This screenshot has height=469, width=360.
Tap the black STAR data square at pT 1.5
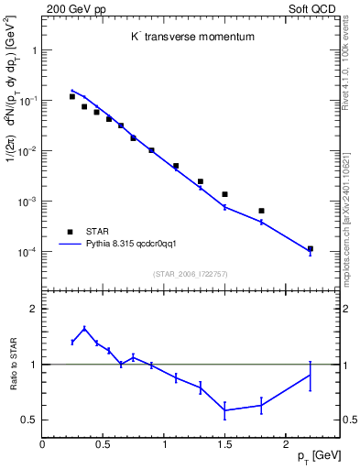tap(224, 194)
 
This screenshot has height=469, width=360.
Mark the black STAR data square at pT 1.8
tap(261, 211)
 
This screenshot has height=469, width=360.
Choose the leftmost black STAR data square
tap(72, 96)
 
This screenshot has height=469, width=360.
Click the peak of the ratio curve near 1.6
tap(84, 328)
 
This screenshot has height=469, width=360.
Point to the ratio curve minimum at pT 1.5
tap(224, 409)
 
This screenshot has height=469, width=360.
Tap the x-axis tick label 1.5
tap(224, 443)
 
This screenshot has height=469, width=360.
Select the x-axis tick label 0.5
tap(103, 443)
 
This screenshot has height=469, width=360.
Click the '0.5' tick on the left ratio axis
tap(29, 420)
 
